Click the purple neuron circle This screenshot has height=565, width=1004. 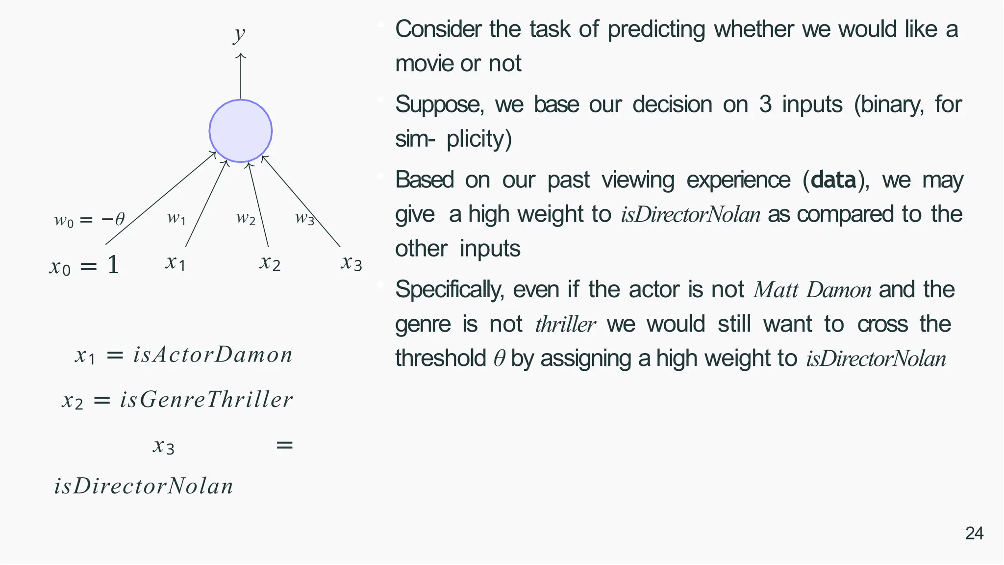click(240, 131)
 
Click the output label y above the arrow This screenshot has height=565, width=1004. click(239, 34)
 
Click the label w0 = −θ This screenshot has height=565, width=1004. click(89, 219)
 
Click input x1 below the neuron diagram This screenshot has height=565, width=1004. click(175, 263)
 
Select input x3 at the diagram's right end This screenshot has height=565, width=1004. click(351, 263)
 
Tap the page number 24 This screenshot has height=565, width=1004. click(974, 533)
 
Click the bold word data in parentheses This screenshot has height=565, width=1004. click(833, 180)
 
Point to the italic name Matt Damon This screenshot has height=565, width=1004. click(812, 290)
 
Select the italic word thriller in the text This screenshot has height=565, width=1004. click(565, 325)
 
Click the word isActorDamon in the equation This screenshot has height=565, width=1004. click(213, 355)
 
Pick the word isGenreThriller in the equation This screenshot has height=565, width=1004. click(206, 400)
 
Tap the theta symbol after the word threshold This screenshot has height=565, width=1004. click(499, 359)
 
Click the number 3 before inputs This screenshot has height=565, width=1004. click(765, 104)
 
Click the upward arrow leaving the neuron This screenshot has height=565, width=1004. click(240, 76)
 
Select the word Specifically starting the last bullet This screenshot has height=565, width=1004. click(449, 290)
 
